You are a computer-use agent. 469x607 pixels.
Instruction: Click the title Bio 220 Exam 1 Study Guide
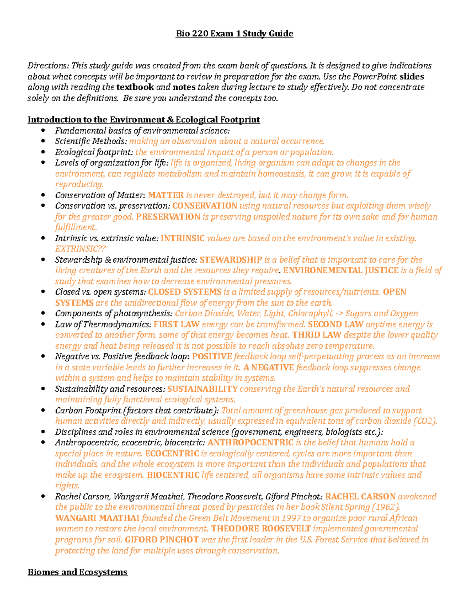234,34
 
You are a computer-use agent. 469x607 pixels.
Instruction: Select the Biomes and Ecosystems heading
77,572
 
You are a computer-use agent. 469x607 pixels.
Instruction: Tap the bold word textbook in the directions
135,87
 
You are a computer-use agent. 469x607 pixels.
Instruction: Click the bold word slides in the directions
412,77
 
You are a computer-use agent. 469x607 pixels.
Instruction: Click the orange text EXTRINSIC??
81,249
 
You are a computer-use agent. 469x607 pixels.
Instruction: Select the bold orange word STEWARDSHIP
231,260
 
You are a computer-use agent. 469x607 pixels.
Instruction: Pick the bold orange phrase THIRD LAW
317,335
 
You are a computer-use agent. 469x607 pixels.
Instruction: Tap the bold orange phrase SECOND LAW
335,324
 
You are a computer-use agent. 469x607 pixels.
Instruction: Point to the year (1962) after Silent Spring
386,507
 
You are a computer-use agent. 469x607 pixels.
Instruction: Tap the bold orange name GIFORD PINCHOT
162,540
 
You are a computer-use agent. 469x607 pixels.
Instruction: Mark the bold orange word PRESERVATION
168,217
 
